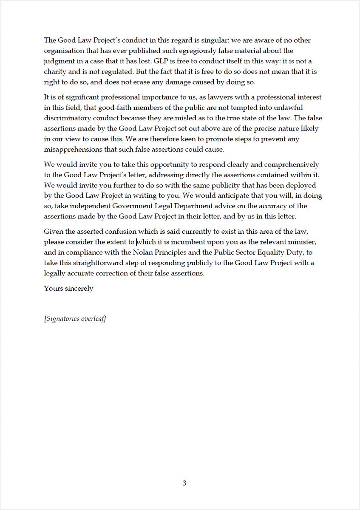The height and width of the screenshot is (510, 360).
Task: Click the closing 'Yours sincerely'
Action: pyautogui.click(x=68, y=288)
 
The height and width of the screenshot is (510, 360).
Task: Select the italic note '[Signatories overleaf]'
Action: pyautogui.click(x=75, y=319)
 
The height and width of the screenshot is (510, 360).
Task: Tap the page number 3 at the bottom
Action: pyautogui.click(x=184, y=483)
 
